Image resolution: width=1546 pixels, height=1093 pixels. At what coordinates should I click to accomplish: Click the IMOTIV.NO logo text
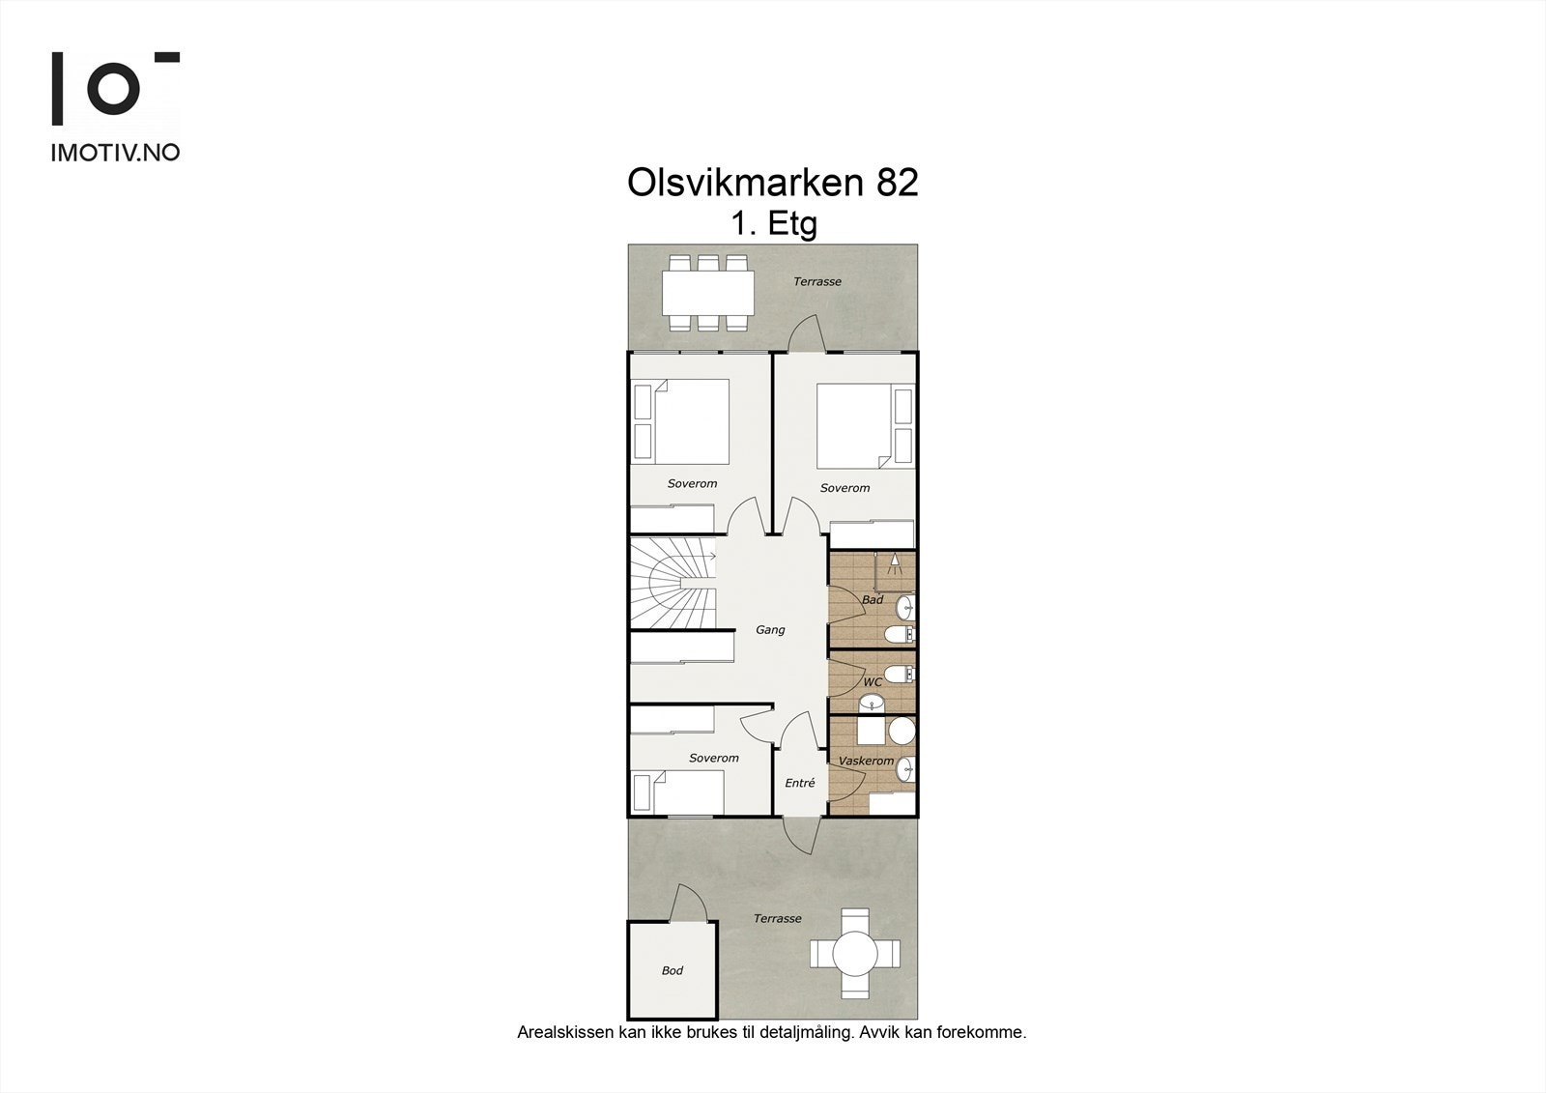click(115, 153)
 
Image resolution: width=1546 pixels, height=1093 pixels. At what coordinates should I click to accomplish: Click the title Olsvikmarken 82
click(772, 183)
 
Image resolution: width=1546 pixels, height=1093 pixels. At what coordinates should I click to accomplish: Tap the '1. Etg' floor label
click(774, 223)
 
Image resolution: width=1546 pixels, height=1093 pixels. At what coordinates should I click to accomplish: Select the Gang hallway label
click(770, 630)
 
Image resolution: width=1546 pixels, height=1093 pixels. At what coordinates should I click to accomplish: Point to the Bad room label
click(873, 599)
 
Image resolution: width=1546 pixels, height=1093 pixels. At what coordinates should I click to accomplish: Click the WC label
click(873, 681)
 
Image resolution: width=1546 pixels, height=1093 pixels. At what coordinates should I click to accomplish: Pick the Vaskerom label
click(866, 761)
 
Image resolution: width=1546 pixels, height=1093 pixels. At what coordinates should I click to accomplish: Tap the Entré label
click(800, 782)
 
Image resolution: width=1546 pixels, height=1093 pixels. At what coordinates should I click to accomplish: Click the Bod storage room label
click(673, 970)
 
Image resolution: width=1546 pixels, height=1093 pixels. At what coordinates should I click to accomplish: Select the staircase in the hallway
click(673, 584)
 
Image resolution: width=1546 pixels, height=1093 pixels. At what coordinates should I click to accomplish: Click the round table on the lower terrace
click(855, 954)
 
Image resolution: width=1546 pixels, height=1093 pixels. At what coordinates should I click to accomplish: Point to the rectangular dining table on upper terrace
click(708, 293)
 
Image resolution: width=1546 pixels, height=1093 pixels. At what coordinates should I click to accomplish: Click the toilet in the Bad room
click(900, 633)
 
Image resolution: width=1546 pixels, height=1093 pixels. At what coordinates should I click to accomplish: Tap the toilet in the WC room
click(900, 674)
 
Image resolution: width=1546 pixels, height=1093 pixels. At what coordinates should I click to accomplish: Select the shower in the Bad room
click(895, 572)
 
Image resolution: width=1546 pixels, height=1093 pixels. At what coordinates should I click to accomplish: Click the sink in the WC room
click(872, 704)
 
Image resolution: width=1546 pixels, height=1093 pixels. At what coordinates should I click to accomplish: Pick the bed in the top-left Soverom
click(692, 421)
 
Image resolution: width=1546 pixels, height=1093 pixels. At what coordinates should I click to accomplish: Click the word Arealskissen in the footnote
click(565, 1032)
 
